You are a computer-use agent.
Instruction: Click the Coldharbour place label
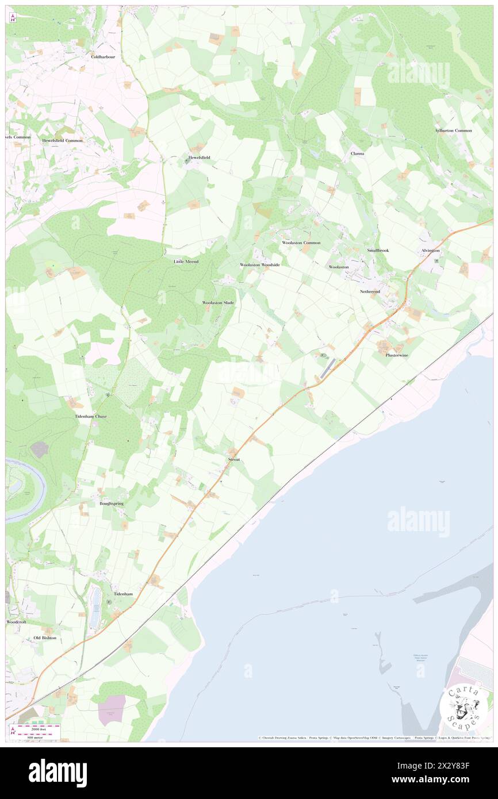pyautogui.click(x=104, y=57)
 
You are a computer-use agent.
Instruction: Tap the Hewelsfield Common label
pyautogui.click(x=62, y=140)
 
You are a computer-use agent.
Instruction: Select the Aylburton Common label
pyautogui.click(x=453, y=130)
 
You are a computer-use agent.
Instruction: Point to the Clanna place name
pyautogui.click(x=358, y=153)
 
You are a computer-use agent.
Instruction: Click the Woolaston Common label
pyautogui.click(x=301, y=243)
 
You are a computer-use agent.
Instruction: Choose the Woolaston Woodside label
pyautogui.click(x=260, y=264)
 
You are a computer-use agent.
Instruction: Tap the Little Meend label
pyautogui.click(x=186, y=262)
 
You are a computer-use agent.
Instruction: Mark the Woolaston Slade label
pyautogui.click(x=219, y=302)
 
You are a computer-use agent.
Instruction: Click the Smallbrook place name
pyautogui.click(x=378, y=251)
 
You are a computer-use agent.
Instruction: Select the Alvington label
pyautogui.click(x=430, y=251)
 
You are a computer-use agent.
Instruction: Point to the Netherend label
pyautogui.click(x=370, y=291)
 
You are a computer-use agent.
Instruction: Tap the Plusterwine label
pyautogui.click(x=397, y=355)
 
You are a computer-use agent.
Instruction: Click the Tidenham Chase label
pyautogui.click(x=91, y=416)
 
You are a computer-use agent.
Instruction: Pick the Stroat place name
pyautogui.click(x=233, y=460)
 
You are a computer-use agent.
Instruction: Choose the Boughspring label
pyautogui.click(x=112, y=503)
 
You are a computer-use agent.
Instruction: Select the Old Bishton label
pyautogui.click(x=45, y=638)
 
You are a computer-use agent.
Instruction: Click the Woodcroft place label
pyautogui.click(x=16, y=622)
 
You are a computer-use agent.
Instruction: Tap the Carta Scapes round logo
pyautogui.click(x=464, y=709)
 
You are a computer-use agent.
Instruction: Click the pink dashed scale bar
pyautogui.click(x=37, y=727)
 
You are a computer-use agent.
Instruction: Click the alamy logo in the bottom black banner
pyautogui.click(x=58, y=773)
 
